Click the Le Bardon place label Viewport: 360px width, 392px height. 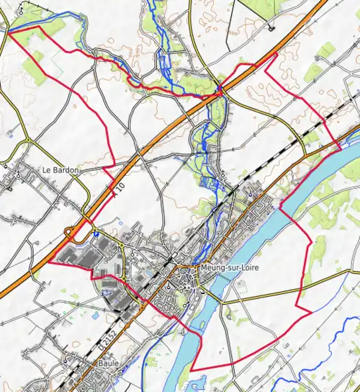60,170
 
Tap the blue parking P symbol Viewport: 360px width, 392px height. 96,232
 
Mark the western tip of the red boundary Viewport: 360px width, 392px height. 7,31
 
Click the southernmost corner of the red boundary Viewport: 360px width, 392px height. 191,370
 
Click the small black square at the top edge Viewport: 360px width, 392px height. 271,29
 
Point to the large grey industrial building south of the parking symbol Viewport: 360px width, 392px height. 79,254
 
